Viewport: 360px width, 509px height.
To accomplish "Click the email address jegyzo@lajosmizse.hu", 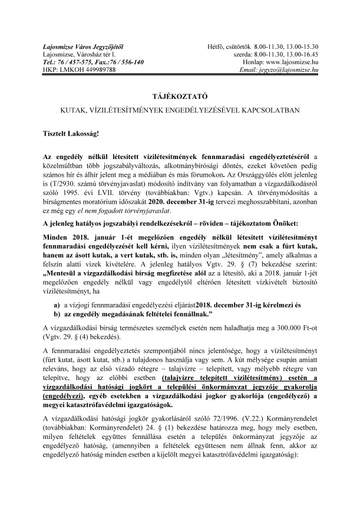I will (288, 70).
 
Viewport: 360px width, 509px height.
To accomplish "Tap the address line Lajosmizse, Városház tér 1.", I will (82, 54).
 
